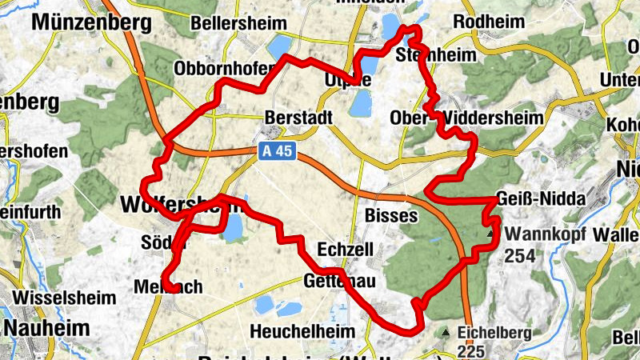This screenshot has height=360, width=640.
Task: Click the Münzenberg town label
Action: click(91, 22)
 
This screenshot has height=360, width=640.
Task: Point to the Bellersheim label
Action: click(232, 24)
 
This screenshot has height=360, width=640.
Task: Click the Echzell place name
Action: click(346, 250)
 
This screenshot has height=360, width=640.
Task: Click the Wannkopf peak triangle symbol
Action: click(490, 234)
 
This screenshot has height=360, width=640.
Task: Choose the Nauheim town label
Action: click(46, 327)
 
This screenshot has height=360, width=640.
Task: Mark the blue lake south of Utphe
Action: click(362, 102)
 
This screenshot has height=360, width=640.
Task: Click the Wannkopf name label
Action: click(546, 235)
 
